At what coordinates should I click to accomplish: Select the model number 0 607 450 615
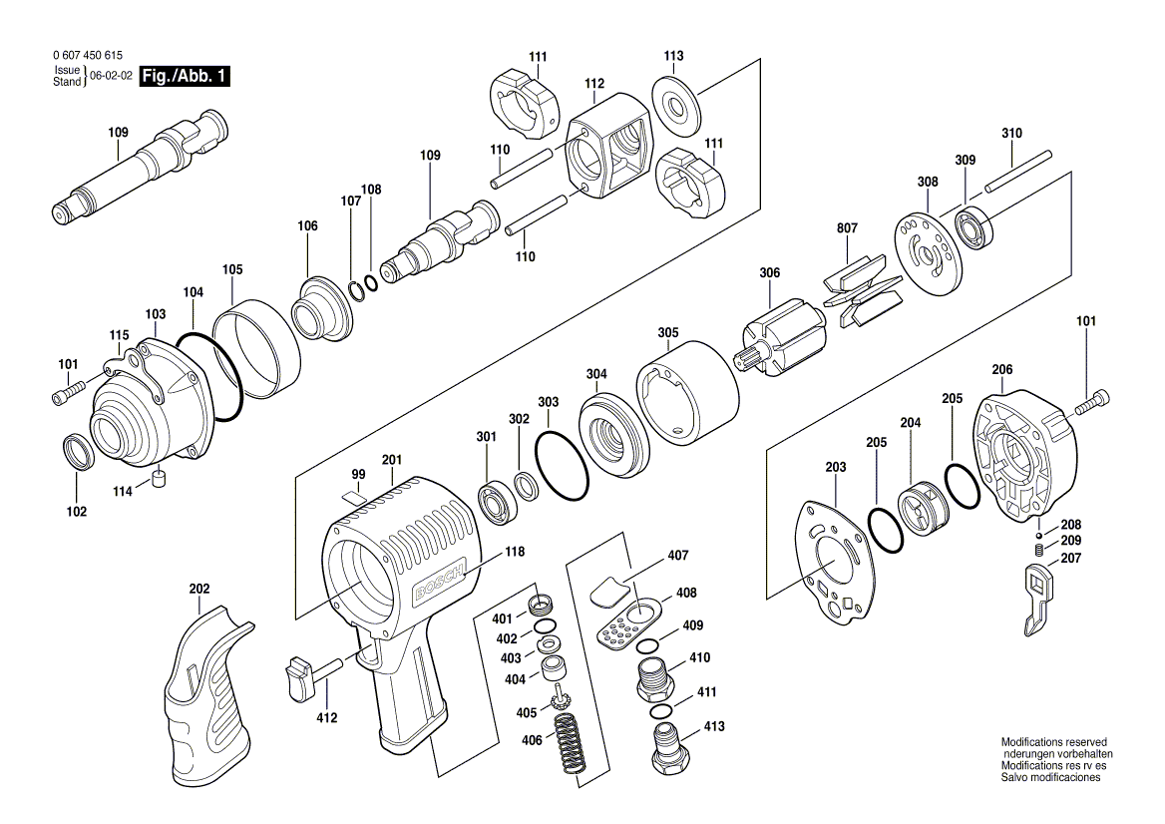coord(89,57)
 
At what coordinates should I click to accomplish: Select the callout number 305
coord(667,333)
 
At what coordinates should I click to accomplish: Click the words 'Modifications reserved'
coord(1054,742)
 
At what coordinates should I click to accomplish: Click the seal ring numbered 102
coord(78,453)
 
